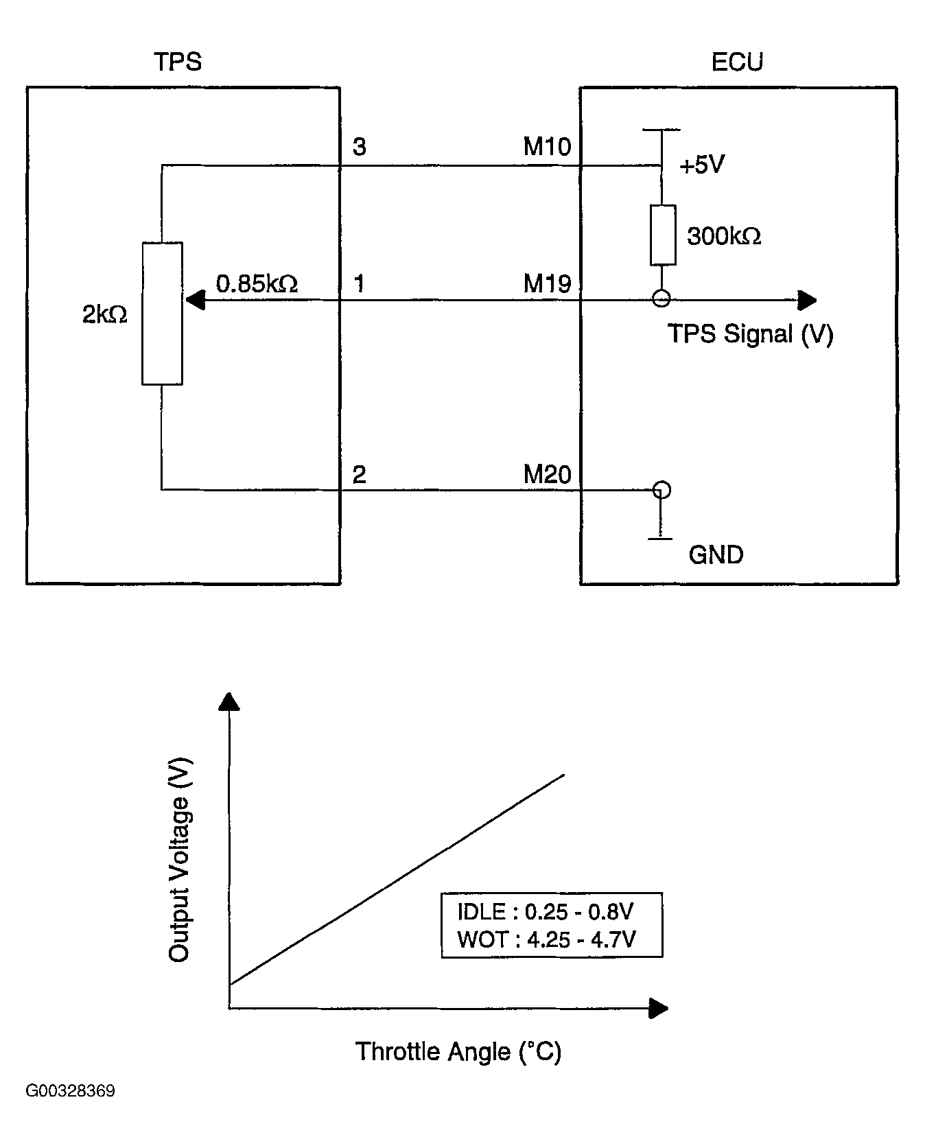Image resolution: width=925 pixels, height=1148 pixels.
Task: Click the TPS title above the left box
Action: (178, 62)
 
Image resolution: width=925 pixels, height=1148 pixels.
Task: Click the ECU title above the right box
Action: (737, 62)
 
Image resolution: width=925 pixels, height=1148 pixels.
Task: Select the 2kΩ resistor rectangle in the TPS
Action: (162, 313)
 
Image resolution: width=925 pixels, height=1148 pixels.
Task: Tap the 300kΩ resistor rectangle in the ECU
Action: (662, 235)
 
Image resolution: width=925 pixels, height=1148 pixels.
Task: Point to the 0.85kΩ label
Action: (257, 283)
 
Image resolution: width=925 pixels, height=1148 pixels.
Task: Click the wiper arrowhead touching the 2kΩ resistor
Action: (195, 300)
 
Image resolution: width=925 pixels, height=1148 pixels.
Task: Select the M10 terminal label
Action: (547, 146)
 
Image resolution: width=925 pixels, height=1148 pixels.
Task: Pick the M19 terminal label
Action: (547, 283)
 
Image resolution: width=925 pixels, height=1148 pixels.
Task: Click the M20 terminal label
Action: (547, 474)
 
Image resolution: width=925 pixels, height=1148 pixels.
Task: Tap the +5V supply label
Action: (701, 165)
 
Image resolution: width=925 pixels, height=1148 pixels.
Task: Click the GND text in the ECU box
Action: (716, 554)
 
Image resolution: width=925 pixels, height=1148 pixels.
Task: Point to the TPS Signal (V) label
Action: (750, 334)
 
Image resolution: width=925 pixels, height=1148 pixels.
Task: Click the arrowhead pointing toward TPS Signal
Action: (807, 300)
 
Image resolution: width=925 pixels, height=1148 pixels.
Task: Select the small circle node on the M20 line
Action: (661, 490)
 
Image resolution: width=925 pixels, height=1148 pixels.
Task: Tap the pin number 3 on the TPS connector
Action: (359, 147)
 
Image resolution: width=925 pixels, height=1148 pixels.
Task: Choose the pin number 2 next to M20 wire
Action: (359, 474)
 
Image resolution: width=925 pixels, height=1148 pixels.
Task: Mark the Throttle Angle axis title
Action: (458, 1051)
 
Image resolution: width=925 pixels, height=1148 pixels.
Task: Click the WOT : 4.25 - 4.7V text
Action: (546, 939)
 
